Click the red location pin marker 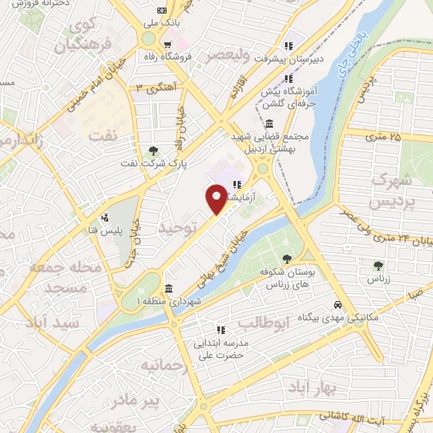(x=216, y=199)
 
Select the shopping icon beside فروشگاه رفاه (x=168, y=45)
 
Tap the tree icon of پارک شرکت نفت (x=152, y=151)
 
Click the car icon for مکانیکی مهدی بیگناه (x=338, y=304)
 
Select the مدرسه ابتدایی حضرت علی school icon (x=220, y=330)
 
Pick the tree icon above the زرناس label (x=378, y=266)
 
